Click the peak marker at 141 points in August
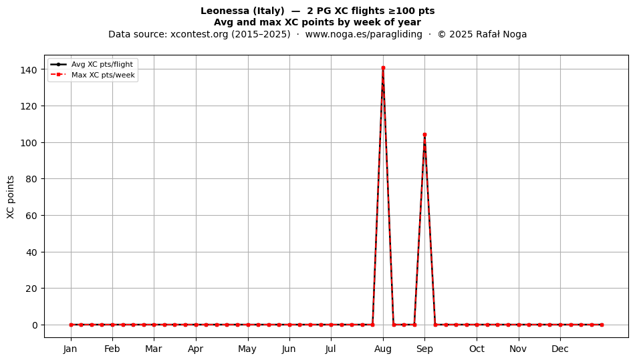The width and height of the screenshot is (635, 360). point(383,68)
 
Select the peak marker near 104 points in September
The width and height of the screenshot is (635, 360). point(424,135)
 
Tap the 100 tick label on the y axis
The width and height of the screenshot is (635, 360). point(30,143)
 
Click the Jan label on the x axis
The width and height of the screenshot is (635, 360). point(70,349)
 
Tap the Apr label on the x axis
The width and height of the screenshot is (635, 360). point(196,349)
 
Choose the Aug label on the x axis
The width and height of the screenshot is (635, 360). point(383,349)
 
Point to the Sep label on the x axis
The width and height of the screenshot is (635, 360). point(424,349)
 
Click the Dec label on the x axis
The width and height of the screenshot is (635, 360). point(560,349)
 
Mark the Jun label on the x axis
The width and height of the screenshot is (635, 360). point(289,349)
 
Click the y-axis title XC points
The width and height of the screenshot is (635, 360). point(11,197)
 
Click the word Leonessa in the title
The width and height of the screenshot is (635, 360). point(221,11)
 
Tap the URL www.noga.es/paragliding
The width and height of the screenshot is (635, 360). point(364,34)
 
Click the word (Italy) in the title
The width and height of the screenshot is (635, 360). point(265,11)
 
